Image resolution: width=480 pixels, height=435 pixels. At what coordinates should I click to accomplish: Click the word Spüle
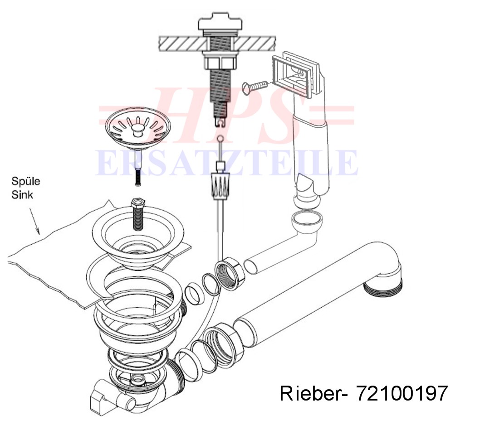(x=26, y=181)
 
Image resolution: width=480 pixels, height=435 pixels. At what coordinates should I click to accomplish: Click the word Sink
(x=22, y=195)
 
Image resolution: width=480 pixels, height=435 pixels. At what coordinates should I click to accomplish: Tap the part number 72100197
(x=402, y=393)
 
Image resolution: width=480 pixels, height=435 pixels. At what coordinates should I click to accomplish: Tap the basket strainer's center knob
(x=137, y=130)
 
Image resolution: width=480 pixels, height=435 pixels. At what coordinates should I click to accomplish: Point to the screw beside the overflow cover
(x=255, y=87)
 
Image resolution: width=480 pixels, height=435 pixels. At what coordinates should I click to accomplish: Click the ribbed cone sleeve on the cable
(x=220, y=186)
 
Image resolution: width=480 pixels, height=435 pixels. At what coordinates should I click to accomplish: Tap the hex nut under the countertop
(x=220, y=63)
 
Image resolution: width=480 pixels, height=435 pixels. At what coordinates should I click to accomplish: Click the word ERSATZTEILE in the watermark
(x=226, y=163)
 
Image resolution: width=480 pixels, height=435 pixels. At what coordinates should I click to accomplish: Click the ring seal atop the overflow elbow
(x=306, y=221)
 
